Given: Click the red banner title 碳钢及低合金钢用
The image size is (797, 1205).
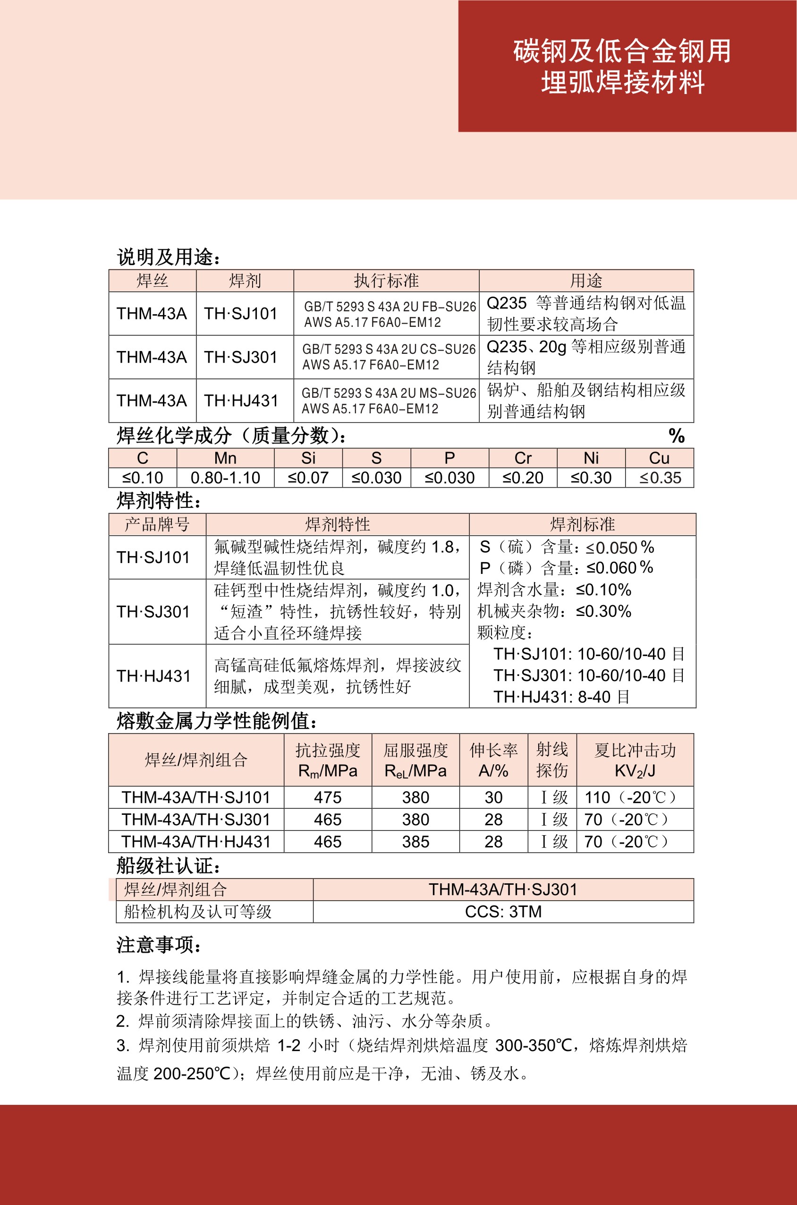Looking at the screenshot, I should [x=622, y=51].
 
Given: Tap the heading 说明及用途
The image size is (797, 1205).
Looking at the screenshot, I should [x=168, y=257].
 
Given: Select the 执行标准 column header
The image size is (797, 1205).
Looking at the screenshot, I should [x=386, y=281].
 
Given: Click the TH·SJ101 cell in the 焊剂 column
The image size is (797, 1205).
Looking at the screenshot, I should [x=240, y=314].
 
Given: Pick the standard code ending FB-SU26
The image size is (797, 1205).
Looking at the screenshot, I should [x=390, y=307].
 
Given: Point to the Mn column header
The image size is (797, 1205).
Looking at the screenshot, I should [x=225, y=458].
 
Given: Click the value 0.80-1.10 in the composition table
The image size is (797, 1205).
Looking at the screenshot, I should [x=225, y=478].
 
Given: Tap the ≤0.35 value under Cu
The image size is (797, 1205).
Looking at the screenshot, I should [x=660, y=478].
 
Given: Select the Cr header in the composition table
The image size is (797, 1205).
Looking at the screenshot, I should [x=523, y=458].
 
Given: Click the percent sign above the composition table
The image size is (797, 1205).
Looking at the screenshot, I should [x=676, y=436].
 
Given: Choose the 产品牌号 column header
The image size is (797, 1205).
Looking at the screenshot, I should [x=157, y=524].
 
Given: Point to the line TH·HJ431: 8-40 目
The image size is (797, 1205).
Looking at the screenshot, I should [x=561, y=697].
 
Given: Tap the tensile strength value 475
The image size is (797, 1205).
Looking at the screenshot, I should [x=328, y=797].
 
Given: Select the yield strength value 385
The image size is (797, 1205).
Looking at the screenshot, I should [x=415, y=842].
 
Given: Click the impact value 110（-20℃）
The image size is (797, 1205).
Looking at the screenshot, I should [x=630, y=797].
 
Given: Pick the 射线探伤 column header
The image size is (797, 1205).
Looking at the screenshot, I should [x=552, y=760].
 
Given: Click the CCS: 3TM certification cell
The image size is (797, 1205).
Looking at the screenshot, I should [x=503, y=912].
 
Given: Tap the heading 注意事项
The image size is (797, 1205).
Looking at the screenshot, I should [x=159, y=945].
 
